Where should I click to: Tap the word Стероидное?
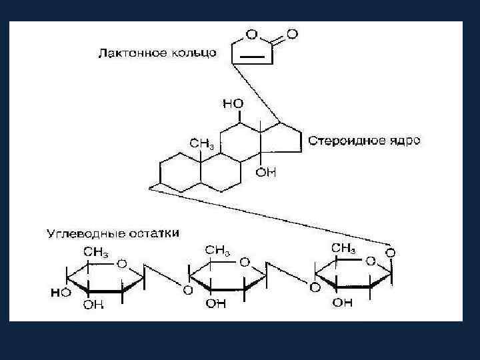point(353,141)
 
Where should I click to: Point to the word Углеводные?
point(79,234)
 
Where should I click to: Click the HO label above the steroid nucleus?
point(233,104)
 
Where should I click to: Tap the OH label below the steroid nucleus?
point(265,173)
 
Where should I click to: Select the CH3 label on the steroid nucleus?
point(201,143)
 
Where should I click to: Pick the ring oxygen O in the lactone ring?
point(251,33)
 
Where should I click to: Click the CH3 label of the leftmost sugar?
point(95,251)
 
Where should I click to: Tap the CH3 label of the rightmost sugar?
point(343,248)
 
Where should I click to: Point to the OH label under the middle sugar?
point(215,304)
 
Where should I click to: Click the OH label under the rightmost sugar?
point(342,303)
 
